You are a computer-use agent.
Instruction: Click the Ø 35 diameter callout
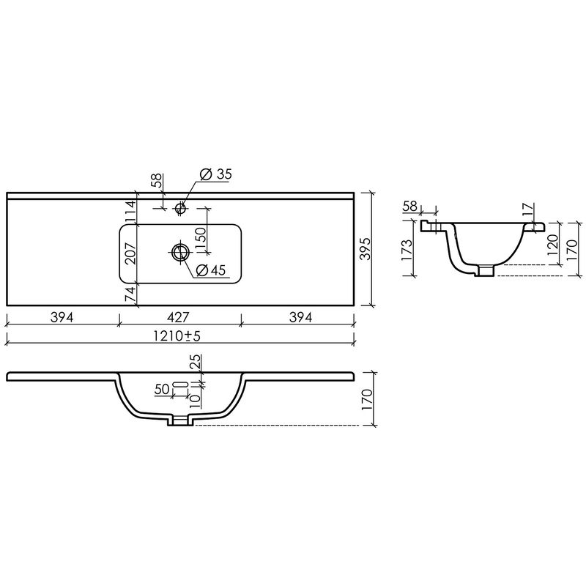(x=215, y=174)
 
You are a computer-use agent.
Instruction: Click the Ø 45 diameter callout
(x=211, y=270)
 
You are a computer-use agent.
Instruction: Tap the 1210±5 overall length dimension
(x=177, y=336)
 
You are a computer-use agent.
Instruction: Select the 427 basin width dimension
(x=178, y=317)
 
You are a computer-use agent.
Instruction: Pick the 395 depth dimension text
(x=366, y=248)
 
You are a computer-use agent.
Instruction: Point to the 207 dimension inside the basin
(x=130, y=253)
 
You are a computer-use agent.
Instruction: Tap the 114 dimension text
(x=130, y=212)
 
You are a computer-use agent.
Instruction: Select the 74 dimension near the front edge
(x=130, y=295)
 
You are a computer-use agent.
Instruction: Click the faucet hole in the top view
(x=180, y=208)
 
